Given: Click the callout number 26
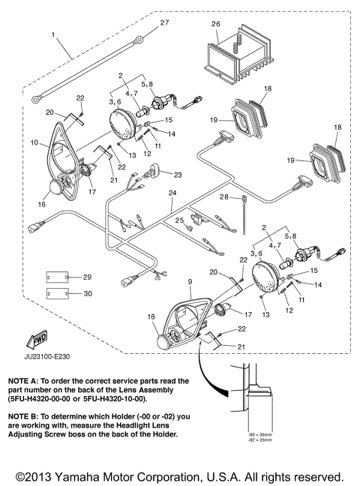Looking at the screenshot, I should tap(216, 24).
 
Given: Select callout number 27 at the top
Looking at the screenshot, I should tap(166, 23).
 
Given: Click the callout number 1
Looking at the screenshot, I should tap(53, 35).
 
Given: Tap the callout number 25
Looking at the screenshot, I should tap(179, 220).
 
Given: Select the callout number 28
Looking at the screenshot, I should tap(223, 197).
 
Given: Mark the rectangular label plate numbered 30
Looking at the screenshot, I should tap(55, 293).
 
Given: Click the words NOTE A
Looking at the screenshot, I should tap(22, 381).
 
